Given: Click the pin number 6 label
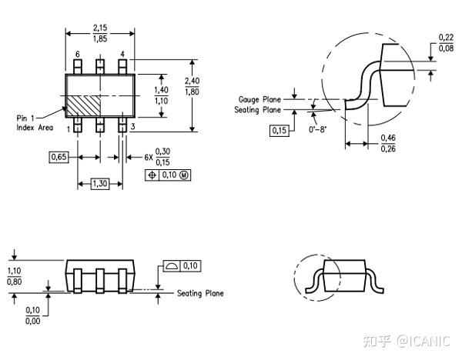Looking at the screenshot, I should (x=77, y=55).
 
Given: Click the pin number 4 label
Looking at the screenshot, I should (x=122, y=55).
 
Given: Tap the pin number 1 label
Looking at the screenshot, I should (x=68, y=129).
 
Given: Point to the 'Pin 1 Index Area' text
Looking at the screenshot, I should (x=35, y=122).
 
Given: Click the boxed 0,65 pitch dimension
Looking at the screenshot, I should (x=59, y=157).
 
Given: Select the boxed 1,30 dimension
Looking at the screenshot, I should (x=99, y=183).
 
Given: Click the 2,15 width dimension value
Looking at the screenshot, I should (x=99, y=27).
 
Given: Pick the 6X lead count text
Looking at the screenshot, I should (x=148, y=157).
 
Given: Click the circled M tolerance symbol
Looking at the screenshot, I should (x=183, y=175).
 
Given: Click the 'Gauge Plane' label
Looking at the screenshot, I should (x=259, y=100).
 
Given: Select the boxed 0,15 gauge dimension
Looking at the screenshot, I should (x=279, y=129).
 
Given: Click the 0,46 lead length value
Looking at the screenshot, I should (x=389, y=138).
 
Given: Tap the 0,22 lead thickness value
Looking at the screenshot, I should (x=445, y=37).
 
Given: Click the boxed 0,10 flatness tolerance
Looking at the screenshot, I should (x=189, y=266).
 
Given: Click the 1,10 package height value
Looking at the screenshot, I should (x=14, y=271).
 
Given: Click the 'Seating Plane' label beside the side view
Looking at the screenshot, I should (x=200, y=293).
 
